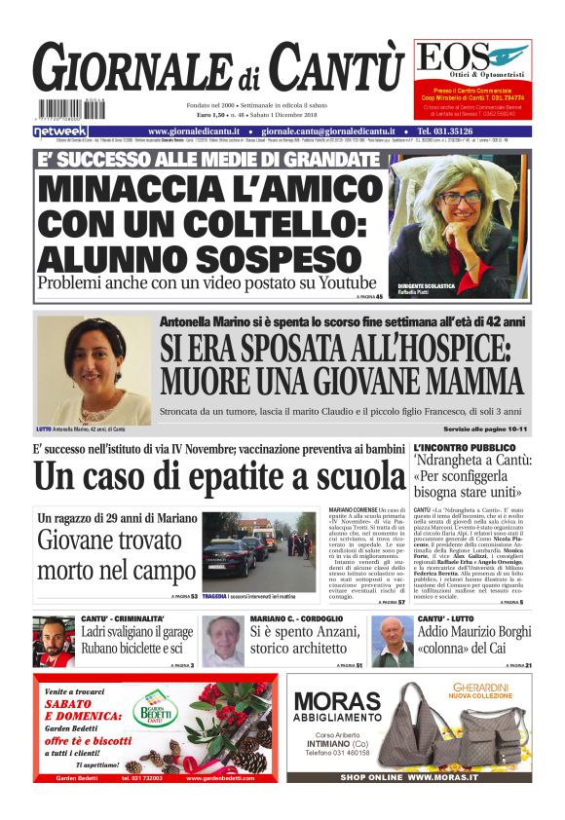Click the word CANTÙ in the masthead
tap(336, 68)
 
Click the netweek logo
tap(60, 130)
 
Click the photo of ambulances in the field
tap(259, 550)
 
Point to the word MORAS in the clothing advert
tap(336, 701)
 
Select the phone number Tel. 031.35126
tap(460, 130)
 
